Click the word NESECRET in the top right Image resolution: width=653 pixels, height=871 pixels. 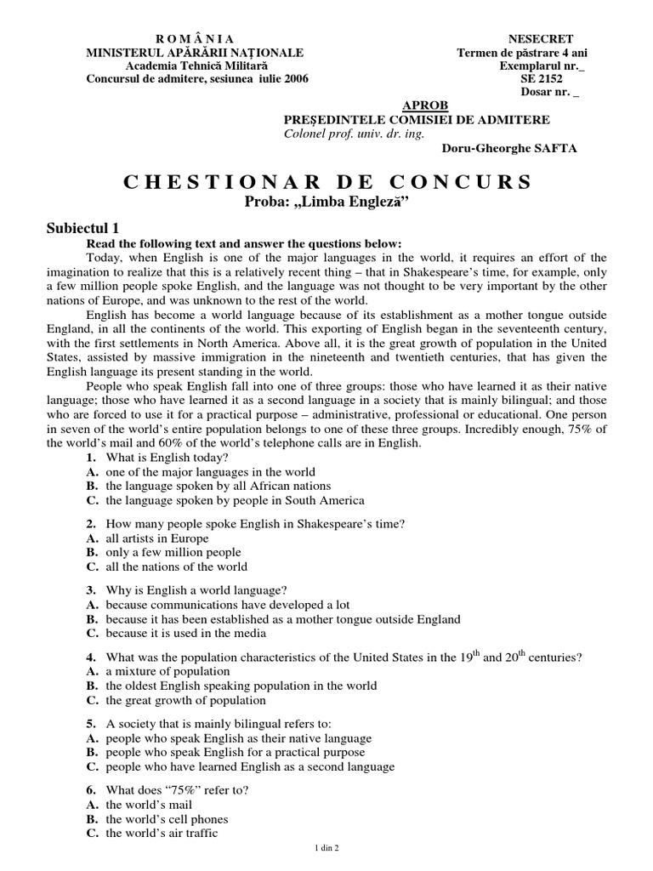(x=540, y=39)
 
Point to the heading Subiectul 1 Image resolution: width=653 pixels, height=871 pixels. (x=88, y=228)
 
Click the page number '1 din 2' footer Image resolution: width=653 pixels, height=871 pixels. (x=326, y=848)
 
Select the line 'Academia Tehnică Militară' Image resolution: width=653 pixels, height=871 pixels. (x=196, y=66)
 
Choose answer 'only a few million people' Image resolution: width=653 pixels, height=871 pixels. (x=173, y=552)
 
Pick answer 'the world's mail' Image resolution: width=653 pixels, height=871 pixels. (x=149, y=804)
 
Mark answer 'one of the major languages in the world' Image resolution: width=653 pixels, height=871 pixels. (x=210, y=471)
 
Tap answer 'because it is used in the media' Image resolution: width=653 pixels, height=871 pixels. (x=185, y=633)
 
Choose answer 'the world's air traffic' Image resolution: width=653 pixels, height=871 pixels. (x=162, y=833)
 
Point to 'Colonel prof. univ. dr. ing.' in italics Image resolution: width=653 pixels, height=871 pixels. (x=352, y=134)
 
